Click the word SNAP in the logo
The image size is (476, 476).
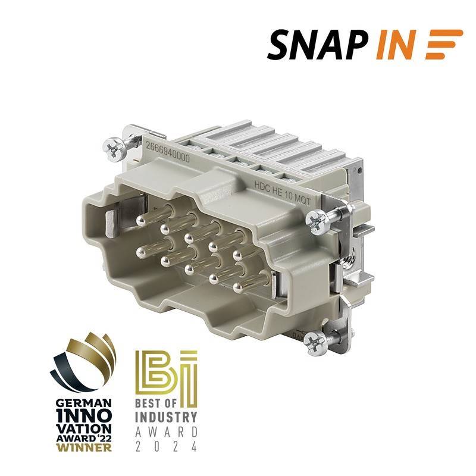point(319,45)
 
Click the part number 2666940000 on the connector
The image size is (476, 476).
point(168,152)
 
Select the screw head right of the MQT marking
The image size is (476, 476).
point(318,223)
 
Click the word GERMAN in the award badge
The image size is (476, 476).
point(84,403)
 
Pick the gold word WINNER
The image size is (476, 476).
point(84,447)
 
